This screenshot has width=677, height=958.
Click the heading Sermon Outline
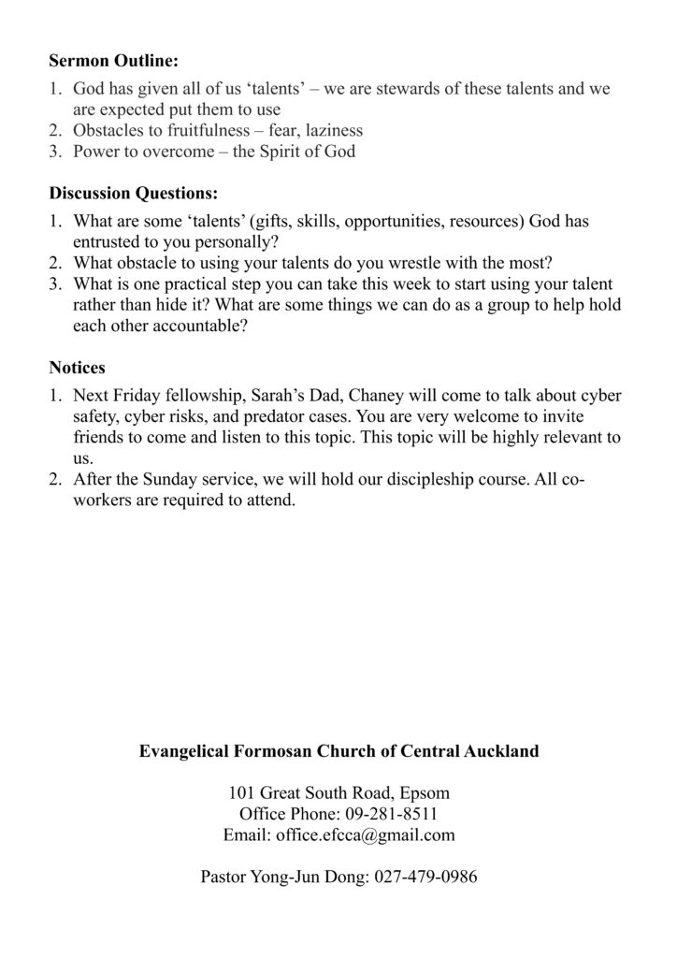tap(113, 62)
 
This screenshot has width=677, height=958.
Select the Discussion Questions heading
tap(133, 195)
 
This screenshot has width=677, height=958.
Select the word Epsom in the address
tap(426, 793)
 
